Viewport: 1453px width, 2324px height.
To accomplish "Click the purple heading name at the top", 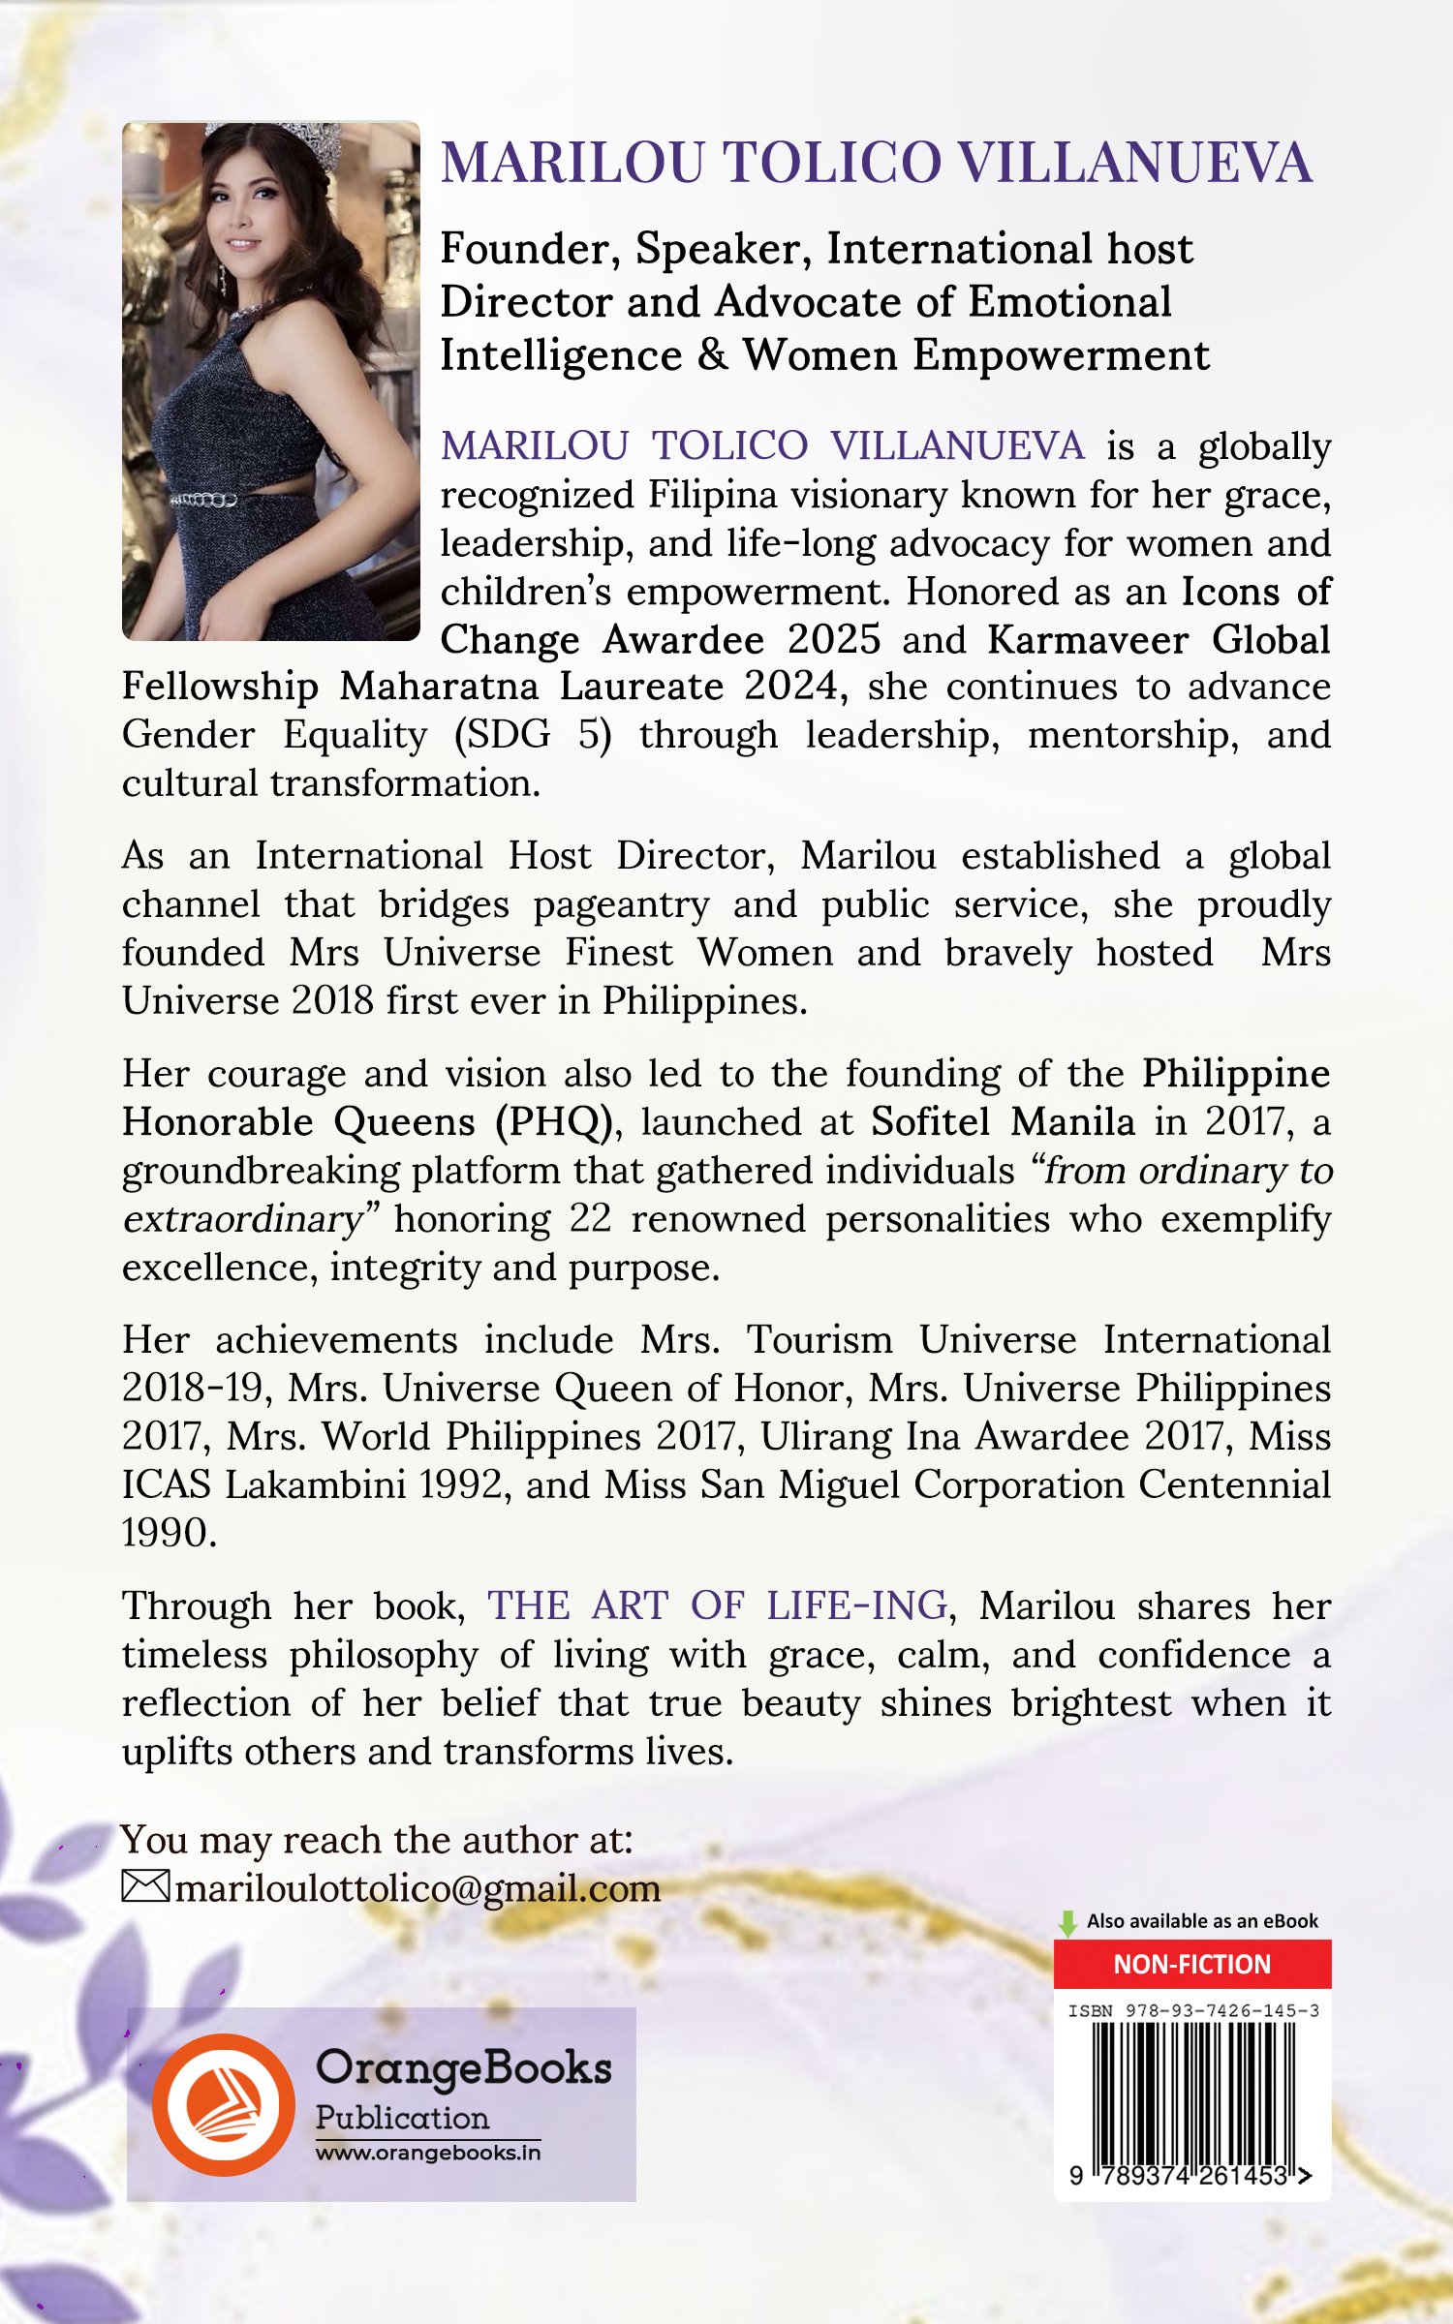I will (x=876, y=163).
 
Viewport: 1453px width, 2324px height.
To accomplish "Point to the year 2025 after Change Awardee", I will (x=833, y=640).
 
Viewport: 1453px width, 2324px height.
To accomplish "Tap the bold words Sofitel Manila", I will (x=1003, y=1122).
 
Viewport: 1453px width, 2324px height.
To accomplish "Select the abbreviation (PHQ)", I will (x=553, y=1122).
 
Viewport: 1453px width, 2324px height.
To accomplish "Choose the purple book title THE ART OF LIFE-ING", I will (x=717, y=1606).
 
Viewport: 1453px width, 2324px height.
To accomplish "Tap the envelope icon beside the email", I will (x=145, y=1887).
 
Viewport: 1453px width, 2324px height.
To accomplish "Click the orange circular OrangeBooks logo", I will (x=224, y=2103).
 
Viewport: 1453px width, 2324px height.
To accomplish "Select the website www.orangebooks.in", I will (x=427, y=2153).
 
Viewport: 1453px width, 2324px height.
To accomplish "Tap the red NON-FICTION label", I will (x=1191, y=1964).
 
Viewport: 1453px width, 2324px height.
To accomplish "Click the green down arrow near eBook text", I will (x=1067, y=1923).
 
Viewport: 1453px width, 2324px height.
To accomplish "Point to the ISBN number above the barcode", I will (x=1192, y=2011).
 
